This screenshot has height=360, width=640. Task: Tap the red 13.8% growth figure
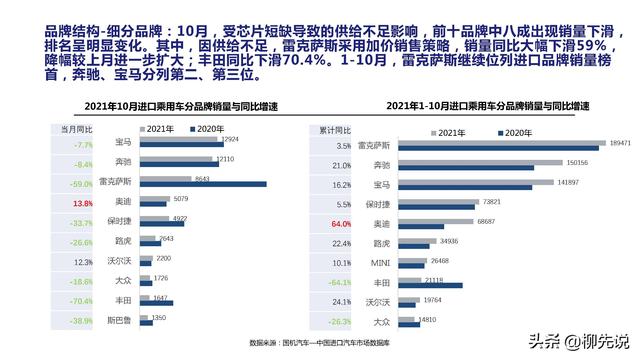point(83,204)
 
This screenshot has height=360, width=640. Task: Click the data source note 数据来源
point(319,342)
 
